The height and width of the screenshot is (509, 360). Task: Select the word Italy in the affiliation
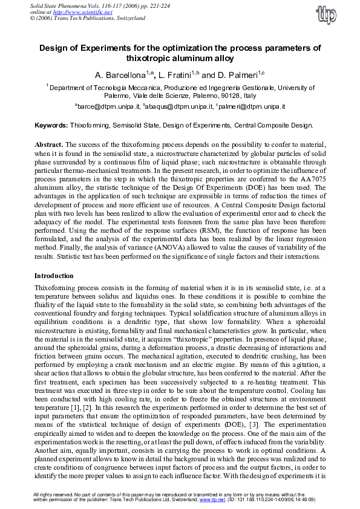[250, 96]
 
